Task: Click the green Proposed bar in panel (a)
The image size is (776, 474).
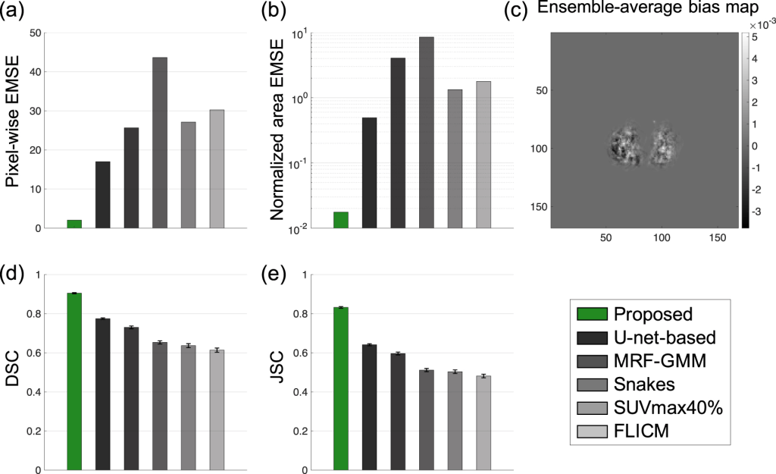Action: click(74, 224)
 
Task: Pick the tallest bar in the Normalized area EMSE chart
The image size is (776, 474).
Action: click(427, 132)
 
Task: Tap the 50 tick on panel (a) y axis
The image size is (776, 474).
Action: click(34, 33)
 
